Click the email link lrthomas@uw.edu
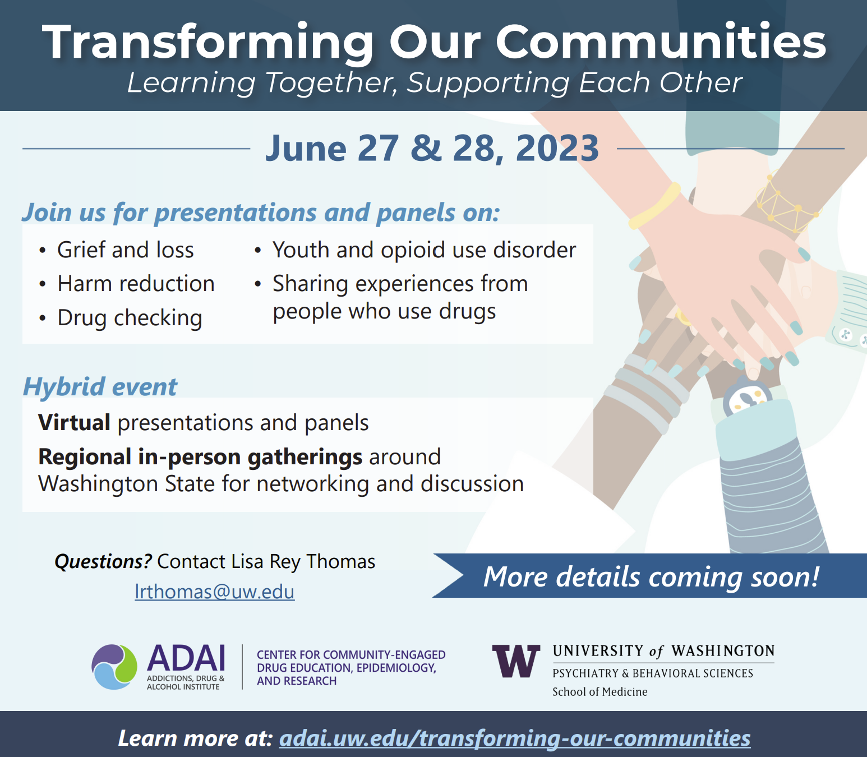pos(214,592)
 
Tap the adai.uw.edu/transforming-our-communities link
pos(515,738)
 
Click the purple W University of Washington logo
pos(516,661)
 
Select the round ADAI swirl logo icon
pos(114,667)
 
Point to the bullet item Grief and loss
pos(126,250)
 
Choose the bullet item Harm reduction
pos(136,283)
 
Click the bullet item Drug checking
pos(130,318)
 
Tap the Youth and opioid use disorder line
pos(424,250)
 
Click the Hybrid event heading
pos(100,386)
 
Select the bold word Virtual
pos(74,422)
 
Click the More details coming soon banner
pos(649,576)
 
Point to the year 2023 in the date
pos(557,148)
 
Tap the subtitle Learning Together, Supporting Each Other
pos(435,82)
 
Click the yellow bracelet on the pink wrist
pos(654,206)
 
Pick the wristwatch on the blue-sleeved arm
pos(748,398)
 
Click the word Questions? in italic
pos(103,561)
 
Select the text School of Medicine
pos(599,692)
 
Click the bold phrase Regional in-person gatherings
pos(200,457)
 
